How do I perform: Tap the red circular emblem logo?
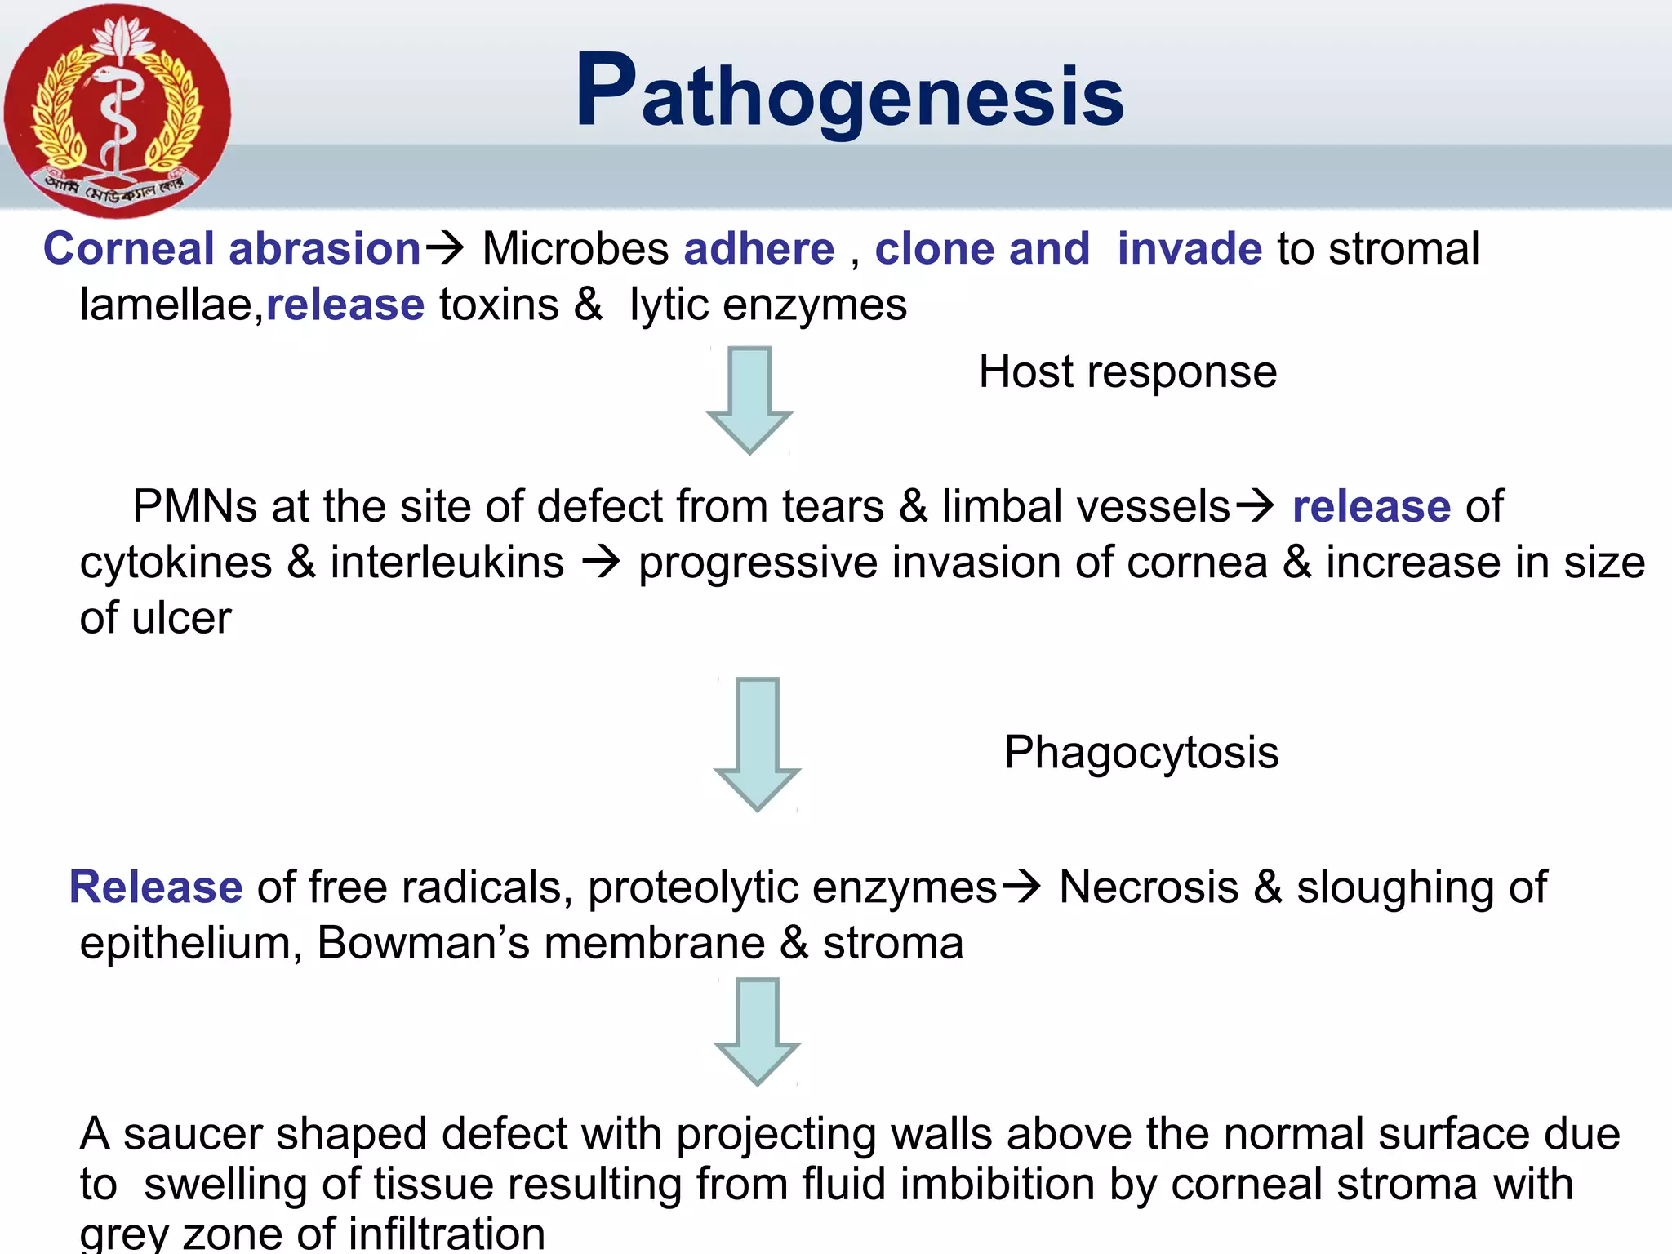(117, 110)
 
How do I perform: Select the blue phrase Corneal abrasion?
(232, 248)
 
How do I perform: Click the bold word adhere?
(758, 248)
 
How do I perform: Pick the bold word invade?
(1189, 248)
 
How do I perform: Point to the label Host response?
(1127, 372)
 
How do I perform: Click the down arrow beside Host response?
(749, 398)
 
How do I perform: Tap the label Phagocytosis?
(1141, 752)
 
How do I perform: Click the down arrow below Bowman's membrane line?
(757, 1030)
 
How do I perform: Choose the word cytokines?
(176, 563)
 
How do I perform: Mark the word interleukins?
(447, 563)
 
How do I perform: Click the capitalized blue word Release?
(156, 887)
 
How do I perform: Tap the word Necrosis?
(1148, 887)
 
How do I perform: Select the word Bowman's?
(423, 943)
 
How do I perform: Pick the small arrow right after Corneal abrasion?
(445, 247)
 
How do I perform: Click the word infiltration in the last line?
(446, 1233)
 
